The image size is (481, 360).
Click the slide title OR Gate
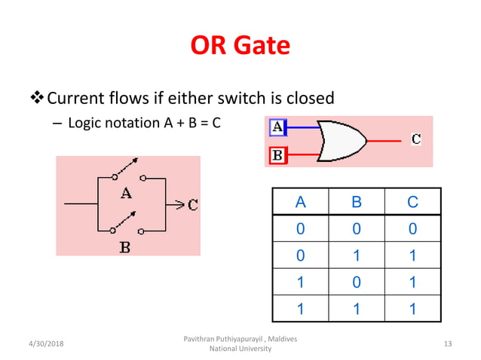click(x=240, y=45)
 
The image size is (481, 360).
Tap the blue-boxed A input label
click(x=277, y=127)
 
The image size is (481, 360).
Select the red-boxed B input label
click(x=277, y=156)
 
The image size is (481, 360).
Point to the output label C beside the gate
click(x=416, y=139)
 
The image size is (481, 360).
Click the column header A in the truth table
click(x=300, y=203)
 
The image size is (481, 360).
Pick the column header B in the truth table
click(x=357, y=203)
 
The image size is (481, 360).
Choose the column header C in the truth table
click(x=412, y=203)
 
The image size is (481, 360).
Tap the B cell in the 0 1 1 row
click(x=357, y=255)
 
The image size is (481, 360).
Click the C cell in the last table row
click(x=412, y=308)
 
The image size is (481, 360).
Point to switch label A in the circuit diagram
click(x=126, y=193)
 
